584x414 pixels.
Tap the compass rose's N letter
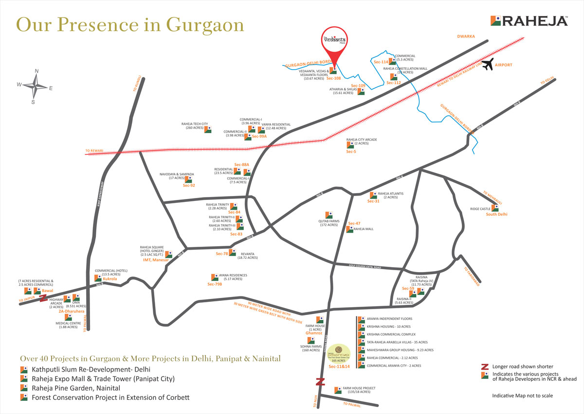(36, 71)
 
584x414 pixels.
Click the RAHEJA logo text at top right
(535, 20)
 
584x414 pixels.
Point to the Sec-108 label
(333, 79)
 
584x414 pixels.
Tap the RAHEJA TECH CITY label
(195, 124)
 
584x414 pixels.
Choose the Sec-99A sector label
(259, 137)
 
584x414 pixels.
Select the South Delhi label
(496, 214)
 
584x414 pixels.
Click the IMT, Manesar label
(156, 260)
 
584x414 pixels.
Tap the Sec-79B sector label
(215, 284)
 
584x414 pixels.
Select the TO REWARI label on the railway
(94, 151)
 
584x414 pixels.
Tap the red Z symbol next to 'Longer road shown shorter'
(484, 366)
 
